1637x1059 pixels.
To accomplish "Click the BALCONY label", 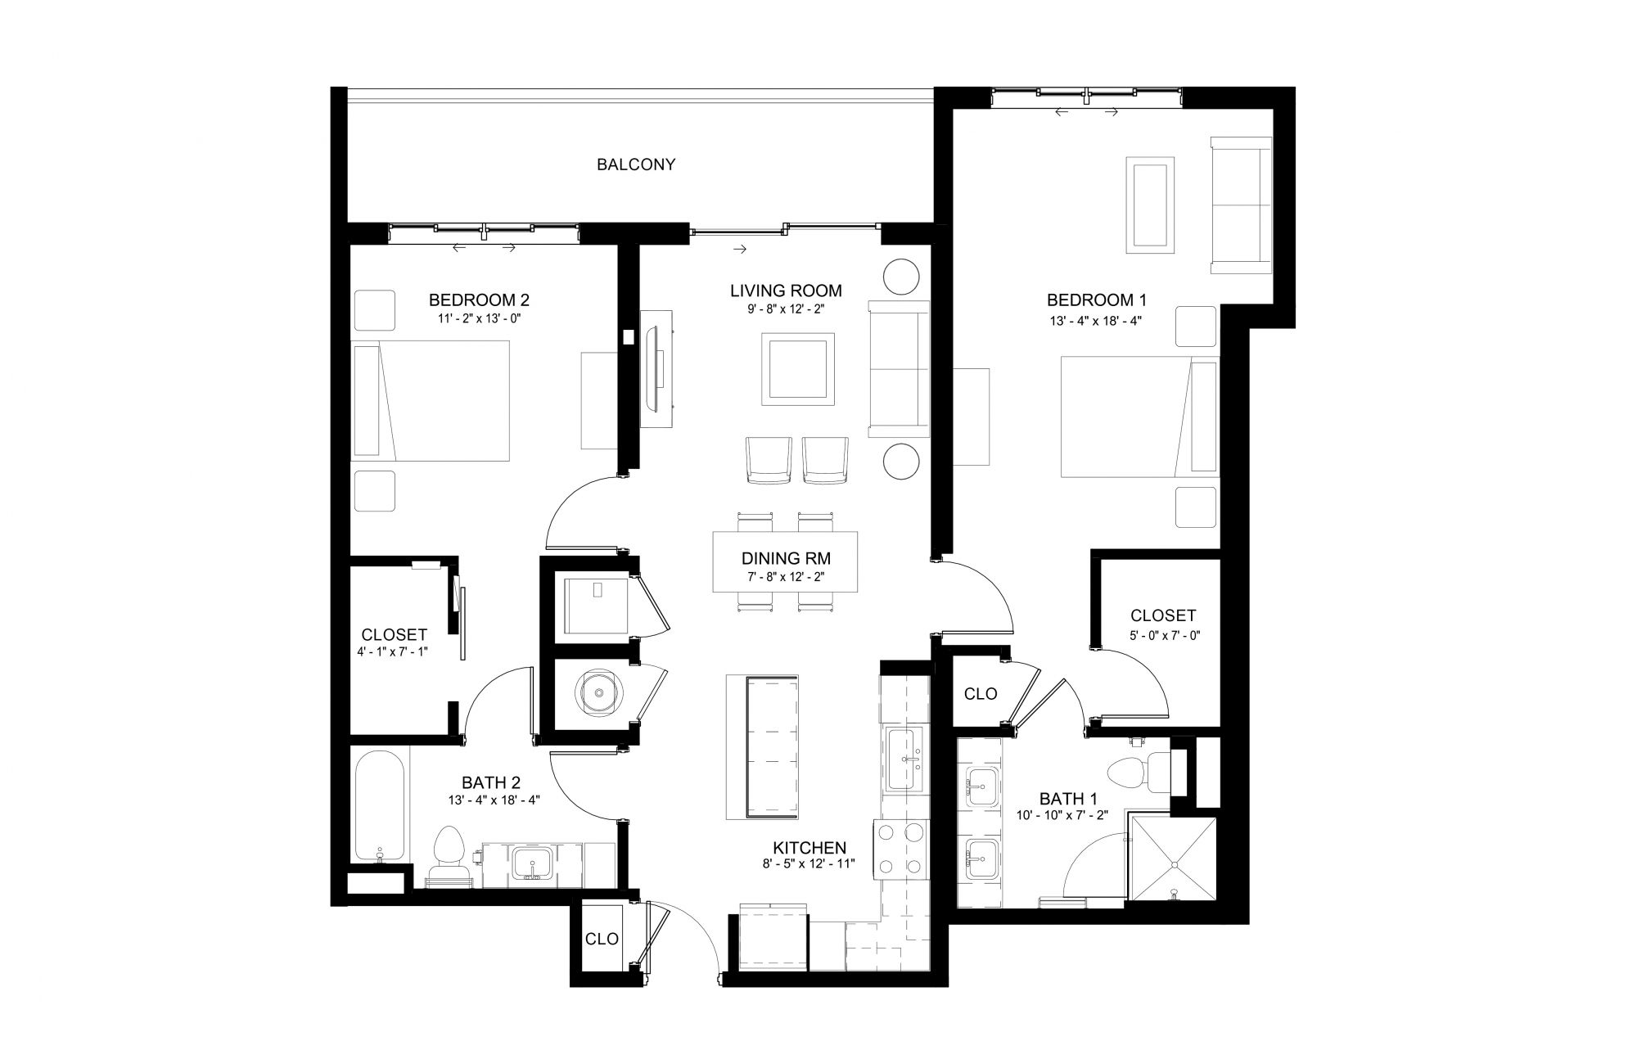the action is coord(636,164).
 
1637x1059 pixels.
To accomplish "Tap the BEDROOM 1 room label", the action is coord(1091,300).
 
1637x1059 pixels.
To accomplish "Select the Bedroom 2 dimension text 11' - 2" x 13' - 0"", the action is coord(480,318).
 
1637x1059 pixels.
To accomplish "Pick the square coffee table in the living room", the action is coord(798,368).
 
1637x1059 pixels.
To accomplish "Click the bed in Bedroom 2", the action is coord(431,400).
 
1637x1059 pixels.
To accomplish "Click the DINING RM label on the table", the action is coord(786,559).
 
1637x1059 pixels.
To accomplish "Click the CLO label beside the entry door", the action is coord(602,940).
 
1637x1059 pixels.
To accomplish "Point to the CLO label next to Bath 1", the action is coord(981,694).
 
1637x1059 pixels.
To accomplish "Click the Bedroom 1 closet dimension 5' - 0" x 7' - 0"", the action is coord(1162,635).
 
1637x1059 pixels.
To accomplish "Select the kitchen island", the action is coord(762,747).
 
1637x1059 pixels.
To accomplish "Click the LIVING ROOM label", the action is coord(786,291).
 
